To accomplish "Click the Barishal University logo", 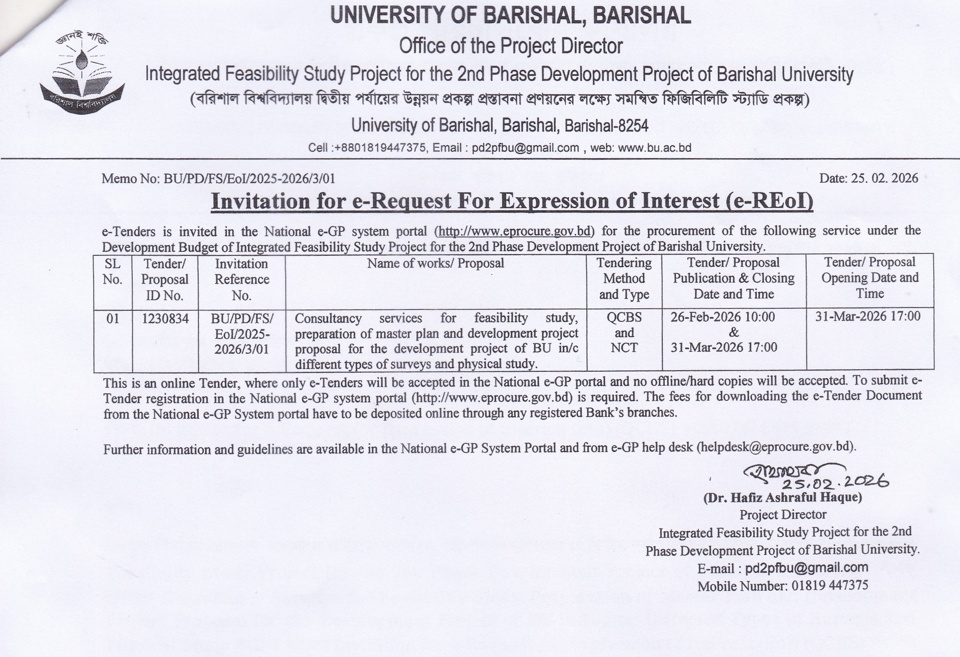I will (82, 73).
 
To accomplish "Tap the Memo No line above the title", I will (218, 179).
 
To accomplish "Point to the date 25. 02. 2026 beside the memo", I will (868, 178).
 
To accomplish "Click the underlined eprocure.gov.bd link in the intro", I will (514, 231).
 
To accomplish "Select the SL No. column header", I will (112, 271).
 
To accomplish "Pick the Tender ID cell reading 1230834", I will (165, 319).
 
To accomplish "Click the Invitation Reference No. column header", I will (241, 279).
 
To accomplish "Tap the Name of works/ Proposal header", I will (436, 263).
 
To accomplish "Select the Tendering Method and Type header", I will (624, 278).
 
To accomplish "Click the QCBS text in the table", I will (624, 317).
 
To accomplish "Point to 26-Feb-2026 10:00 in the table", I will (722, 317).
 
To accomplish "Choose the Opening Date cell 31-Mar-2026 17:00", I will (868, 316).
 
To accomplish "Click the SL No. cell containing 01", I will (112, 319).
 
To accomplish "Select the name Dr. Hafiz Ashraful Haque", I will (782, 498).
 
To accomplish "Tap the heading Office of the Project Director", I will (510, 46).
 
